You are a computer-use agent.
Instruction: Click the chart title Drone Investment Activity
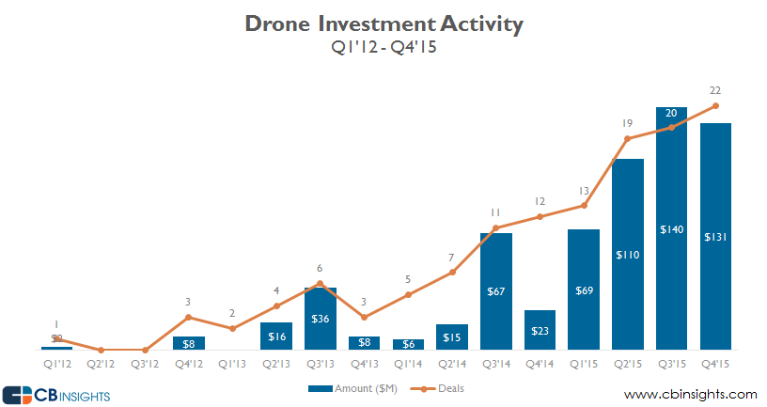pos(383,24)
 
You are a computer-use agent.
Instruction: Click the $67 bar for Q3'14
pos(496,291)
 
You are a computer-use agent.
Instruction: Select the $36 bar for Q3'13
pos(321,319)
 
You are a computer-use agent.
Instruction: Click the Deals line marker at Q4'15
pos(716,106)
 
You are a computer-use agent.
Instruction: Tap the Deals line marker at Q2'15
pos(628,139)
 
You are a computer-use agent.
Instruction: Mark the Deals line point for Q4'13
pos(365,317)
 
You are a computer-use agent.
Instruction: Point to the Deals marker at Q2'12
pos(101,350)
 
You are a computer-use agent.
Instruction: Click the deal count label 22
pos(716,90)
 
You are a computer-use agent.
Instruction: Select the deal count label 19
pos(628,123)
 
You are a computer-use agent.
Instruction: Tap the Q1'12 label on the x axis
pos(56,362)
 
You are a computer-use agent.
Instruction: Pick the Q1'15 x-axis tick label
pos(584,362)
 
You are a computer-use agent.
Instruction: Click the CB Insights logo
pos(56,394)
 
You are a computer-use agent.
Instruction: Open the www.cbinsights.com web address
pos(690,393)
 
